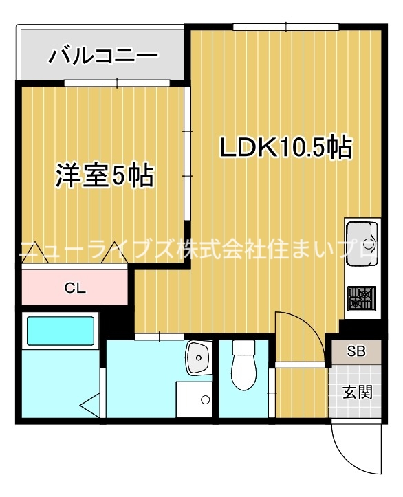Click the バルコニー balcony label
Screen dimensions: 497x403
102,55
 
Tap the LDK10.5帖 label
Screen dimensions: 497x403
285,147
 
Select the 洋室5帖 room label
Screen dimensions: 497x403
104,177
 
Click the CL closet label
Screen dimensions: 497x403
75,288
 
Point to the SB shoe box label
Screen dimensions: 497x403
356,353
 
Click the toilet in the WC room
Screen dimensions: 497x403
243,368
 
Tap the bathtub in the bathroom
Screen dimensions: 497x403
60,331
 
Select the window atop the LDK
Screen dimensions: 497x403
286,27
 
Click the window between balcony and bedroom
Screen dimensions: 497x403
117,83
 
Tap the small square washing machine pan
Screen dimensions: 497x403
195,398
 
